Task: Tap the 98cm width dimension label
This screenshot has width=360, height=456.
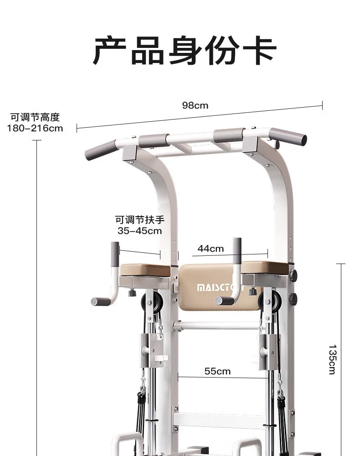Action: pyautogui.click(x=195, y=105)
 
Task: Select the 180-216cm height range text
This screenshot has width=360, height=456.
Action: pyautogui.click(x=35, y=128)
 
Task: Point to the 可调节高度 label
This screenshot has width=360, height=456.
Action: pyautogui.click(x=35, y=118)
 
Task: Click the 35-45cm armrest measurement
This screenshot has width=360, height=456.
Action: pyautogui.click(x=139, y=231)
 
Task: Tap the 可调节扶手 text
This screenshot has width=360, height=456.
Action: pyautogui.click(x=139, y=220)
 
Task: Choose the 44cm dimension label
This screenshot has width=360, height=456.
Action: pyautogui.click(x=211, y=249)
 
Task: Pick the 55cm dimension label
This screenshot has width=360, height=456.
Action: pyautogui.click(x=217, y=371)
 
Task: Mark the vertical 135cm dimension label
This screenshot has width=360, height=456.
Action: pyautogui.click(x=332, y=359)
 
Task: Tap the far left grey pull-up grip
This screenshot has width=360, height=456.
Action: pyautogui.click(x=100, y=150)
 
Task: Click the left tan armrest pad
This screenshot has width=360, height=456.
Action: pyautogui.click(x=144, y=269)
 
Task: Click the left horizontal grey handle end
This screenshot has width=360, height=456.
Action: pyautogui.click(x=100, y=301)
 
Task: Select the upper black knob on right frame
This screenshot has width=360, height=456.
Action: pyautogui.click(x=293, y=275)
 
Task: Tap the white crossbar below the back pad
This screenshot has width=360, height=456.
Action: pyautogui.click(x=216, y=326)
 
